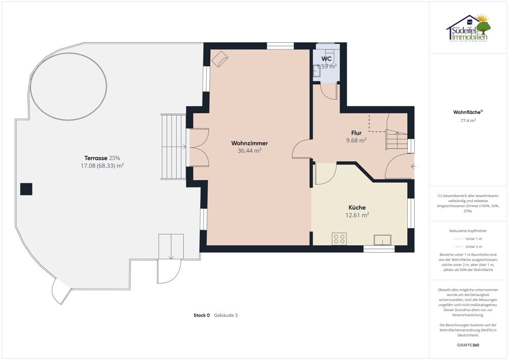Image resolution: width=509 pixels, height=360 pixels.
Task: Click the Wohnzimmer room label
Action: (x=249, y=143)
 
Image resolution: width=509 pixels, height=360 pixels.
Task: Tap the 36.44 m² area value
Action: (x=249, y=151)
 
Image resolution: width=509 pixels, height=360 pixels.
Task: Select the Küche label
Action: (x=357, y=208)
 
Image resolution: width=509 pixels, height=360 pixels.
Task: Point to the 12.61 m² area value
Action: (x=357, y=215)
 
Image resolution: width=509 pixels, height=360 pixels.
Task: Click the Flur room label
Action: (x=356, y=133)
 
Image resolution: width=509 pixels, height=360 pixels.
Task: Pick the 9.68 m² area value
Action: (x=356, y=141)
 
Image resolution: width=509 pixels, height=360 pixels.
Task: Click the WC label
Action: (x=326, y=59)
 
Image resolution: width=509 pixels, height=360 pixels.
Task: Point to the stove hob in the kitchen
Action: (x=339, y=239)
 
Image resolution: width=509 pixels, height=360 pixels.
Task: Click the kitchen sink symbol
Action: (x=382, y=240)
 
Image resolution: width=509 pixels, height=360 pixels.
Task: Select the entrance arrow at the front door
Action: (x=413, y=166)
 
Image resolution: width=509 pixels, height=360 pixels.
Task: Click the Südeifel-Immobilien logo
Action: (x=468, y=29)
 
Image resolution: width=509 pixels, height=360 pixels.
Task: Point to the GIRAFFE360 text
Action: (x=468, y=345)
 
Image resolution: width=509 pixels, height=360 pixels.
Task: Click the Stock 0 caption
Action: (x=201, y=315)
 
